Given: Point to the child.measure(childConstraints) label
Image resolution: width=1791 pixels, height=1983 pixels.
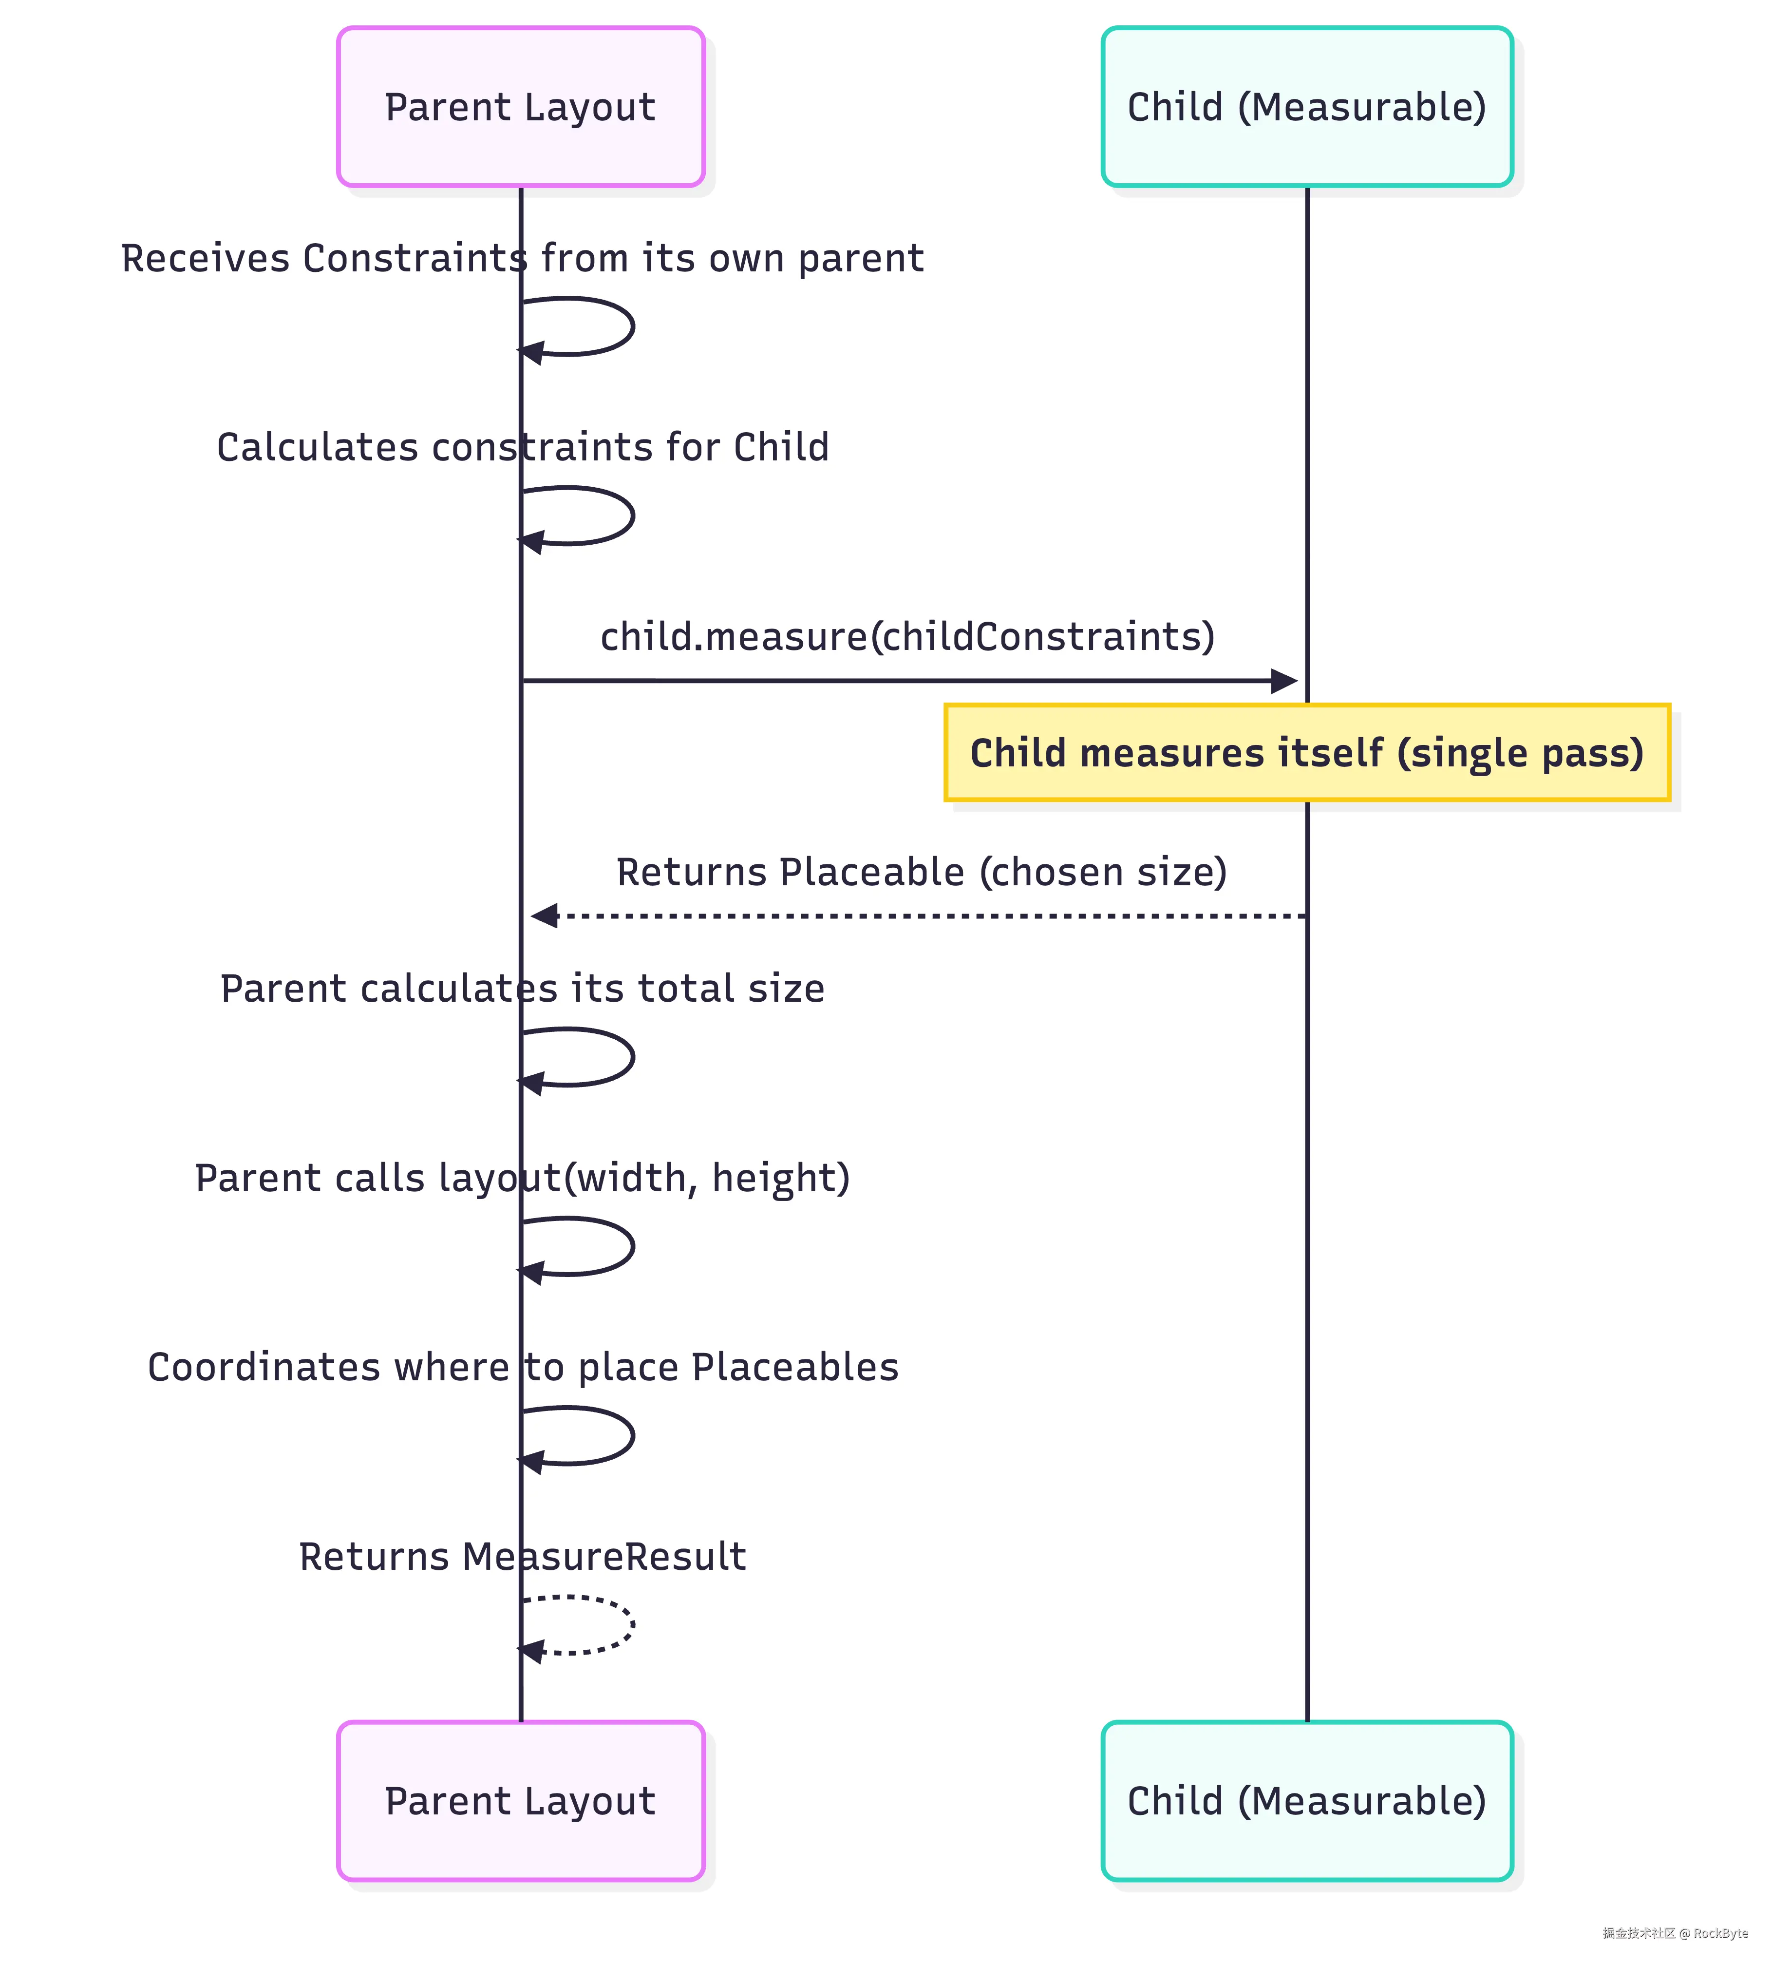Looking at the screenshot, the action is (x=907, y=636).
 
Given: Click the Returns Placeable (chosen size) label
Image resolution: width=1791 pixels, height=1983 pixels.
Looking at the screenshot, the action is (x=922, y=872).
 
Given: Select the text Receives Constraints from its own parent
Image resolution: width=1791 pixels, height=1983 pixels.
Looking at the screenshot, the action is (x=522, y=258).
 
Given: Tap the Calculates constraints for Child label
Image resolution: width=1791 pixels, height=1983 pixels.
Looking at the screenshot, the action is (x=522, y=447).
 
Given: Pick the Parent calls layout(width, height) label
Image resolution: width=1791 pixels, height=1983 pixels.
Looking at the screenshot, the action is (x=522, y=1178).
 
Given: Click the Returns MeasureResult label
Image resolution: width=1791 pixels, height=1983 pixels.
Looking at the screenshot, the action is (x=522, y=1556).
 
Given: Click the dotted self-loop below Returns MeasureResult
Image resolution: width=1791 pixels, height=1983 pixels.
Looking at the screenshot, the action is (x=632, y=1625).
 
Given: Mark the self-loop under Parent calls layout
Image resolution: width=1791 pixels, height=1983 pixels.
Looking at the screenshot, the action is (x=632, y=1246).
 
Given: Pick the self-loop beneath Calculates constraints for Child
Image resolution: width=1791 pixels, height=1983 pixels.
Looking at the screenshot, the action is (x=632, y=515).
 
